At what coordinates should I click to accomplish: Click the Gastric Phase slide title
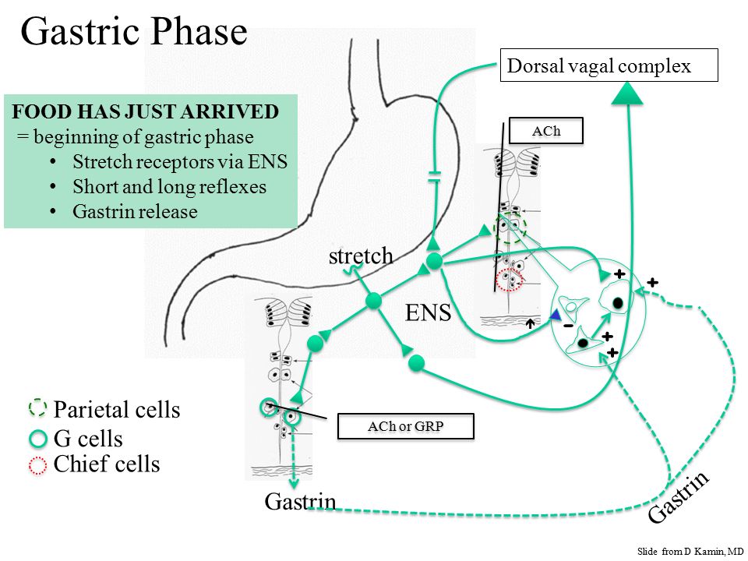[134, 31]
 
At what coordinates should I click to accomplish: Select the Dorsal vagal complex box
[609, 65]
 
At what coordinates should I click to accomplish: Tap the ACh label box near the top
[546, 130]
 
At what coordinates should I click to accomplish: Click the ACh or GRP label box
[405, 426]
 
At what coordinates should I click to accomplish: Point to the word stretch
[361, 256]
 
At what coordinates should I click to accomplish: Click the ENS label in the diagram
[428, 313]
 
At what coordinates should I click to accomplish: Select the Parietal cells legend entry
[104, 409]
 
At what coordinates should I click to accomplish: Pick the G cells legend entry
[76, 439]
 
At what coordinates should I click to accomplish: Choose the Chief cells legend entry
[94, 464]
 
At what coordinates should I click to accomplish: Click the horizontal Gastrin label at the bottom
[300, 501]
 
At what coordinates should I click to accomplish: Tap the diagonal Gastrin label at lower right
[679, 497]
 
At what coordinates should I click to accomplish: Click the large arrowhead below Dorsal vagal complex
[627, 93]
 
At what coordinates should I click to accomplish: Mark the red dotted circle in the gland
[509, 280]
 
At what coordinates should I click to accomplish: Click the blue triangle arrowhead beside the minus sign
[555, 315]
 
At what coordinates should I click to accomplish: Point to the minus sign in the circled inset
[568, 326]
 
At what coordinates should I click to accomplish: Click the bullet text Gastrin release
[135, 211]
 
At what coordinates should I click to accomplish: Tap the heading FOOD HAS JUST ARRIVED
[145, 111]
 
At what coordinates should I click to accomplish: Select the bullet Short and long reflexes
[169, 186]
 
